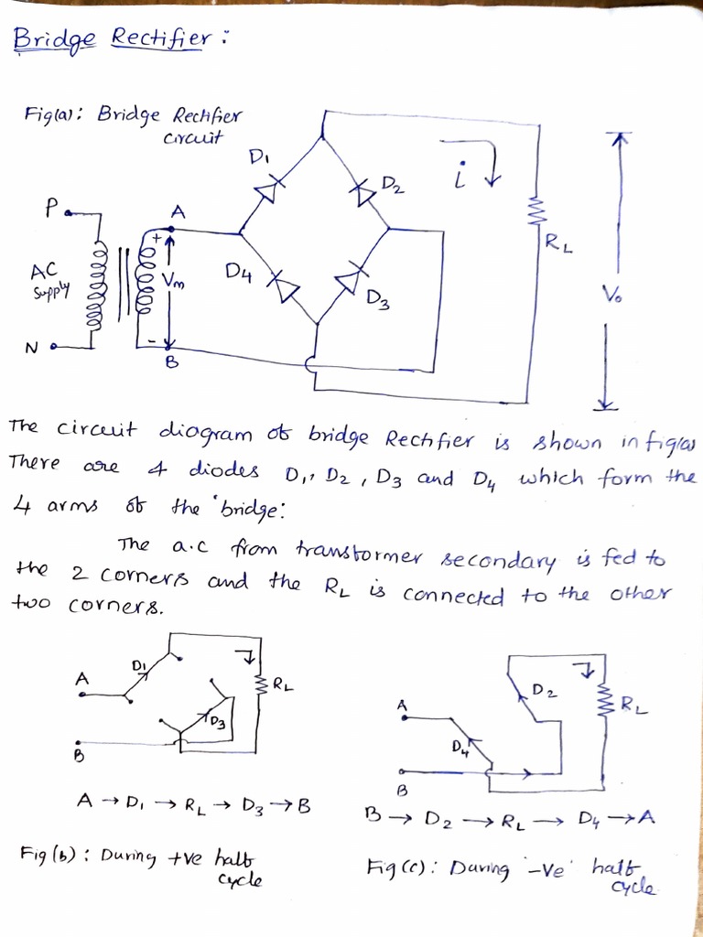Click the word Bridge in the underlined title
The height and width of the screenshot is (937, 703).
pos(54,39)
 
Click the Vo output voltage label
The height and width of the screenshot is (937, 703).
pos(611,295)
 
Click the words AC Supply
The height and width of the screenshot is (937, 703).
pos(44,282)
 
